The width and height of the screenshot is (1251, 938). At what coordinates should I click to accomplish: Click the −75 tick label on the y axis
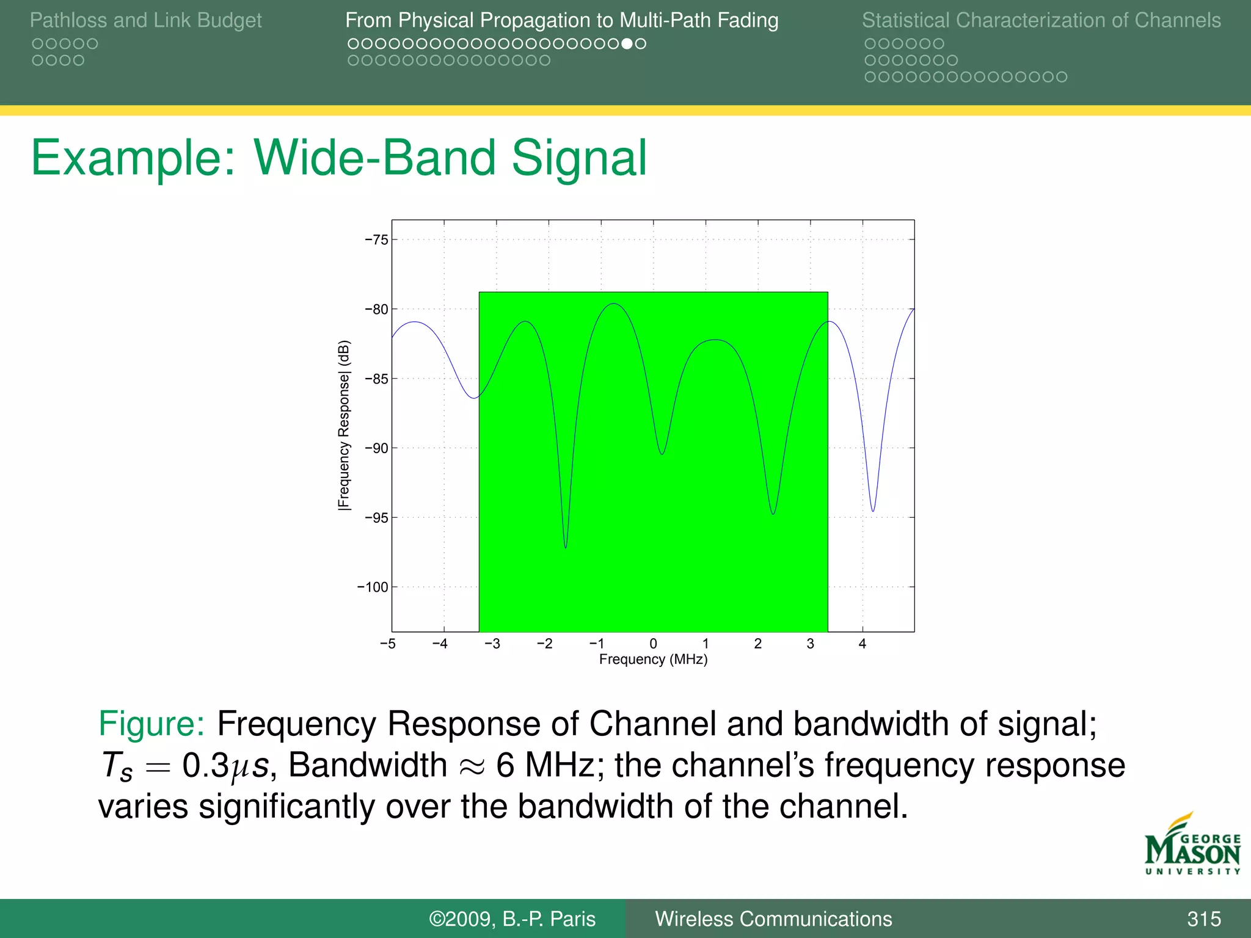click(376, 240)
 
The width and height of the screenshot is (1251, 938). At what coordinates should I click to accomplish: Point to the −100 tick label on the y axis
click(373, 587)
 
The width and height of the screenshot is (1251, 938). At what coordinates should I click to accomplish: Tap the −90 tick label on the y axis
click(376, 448)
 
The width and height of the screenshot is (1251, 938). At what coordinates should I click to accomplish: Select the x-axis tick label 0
click(653, 644)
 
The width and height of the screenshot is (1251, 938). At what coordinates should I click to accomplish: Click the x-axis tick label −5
click(388, 644)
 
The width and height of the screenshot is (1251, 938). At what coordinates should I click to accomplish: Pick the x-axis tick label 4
click(862, 644)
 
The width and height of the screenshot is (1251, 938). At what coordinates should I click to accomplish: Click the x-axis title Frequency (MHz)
click(653, 660)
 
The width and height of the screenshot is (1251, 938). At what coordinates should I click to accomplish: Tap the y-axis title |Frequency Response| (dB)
click(344, 425)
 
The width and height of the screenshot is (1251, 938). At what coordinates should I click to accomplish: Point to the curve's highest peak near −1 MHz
click(614, 304)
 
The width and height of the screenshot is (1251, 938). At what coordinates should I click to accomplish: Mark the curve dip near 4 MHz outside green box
click(873, 509)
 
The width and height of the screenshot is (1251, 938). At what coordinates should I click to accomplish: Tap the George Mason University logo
click(1192, 845)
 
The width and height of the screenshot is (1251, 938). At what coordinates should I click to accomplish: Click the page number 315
click(1203, 918)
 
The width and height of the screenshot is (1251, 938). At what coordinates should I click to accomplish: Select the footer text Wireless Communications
click(773, 918)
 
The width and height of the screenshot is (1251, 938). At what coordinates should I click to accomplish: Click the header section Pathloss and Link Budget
click(145, 20)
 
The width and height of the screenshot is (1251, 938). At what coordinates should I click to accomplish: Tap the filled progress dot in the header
click(627, 44)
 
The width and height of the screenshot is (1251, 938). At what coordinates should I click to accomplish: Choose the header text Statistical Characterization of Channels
click(1041, 20)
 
